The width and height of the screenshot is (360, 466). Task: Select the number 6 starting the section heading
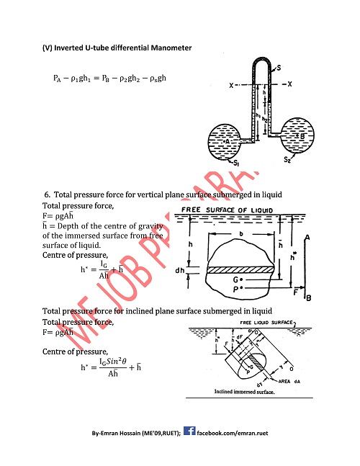pyautogui.click(x=47, y=194)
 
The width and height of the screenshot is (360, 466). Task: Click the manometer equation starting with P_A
pyautogui.click(x=110, y=77)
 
